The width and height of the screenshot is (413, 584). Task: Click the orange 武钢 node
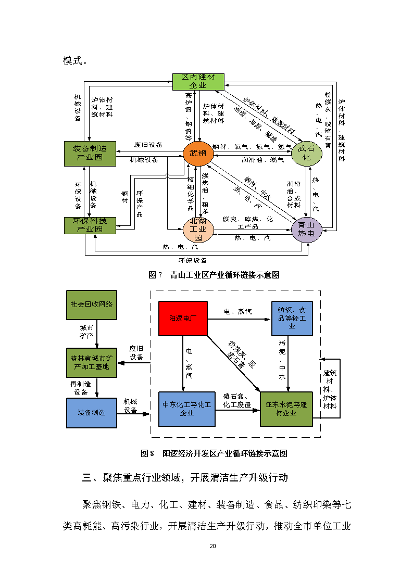[198, 153]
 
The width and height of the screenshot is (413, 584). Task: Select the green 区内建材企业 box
[198, 81]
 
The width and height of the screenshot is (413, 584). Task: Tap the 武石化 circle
[307, 153]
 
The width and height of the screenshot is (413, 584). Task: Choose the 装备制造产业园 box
[90, 153]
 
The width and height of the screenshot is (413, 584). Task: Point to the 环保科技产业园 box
[90, 225]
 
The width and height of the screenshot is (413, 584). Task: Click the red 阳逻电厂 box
[183, 318]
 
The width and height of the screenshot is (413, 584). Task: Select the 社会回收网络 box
[92, 304]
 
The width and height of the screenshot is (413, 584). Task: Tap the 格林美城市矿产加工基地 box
[92, 362]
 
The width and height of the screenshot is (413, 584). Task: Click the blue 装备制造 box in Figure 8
[92, 413]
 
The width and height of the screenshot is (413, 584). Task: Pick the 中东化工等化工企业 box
[186, 409]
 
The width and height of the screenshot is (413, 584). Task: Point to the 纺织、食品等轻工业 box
[292, 318]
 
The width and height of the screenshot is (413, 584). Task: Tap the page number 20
[212, 546]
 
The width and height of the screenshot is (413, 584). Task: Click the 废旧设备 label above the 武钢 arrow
[148, 145]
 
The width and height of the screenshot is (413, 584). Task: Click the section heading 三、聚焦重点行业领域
[185, 477]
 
